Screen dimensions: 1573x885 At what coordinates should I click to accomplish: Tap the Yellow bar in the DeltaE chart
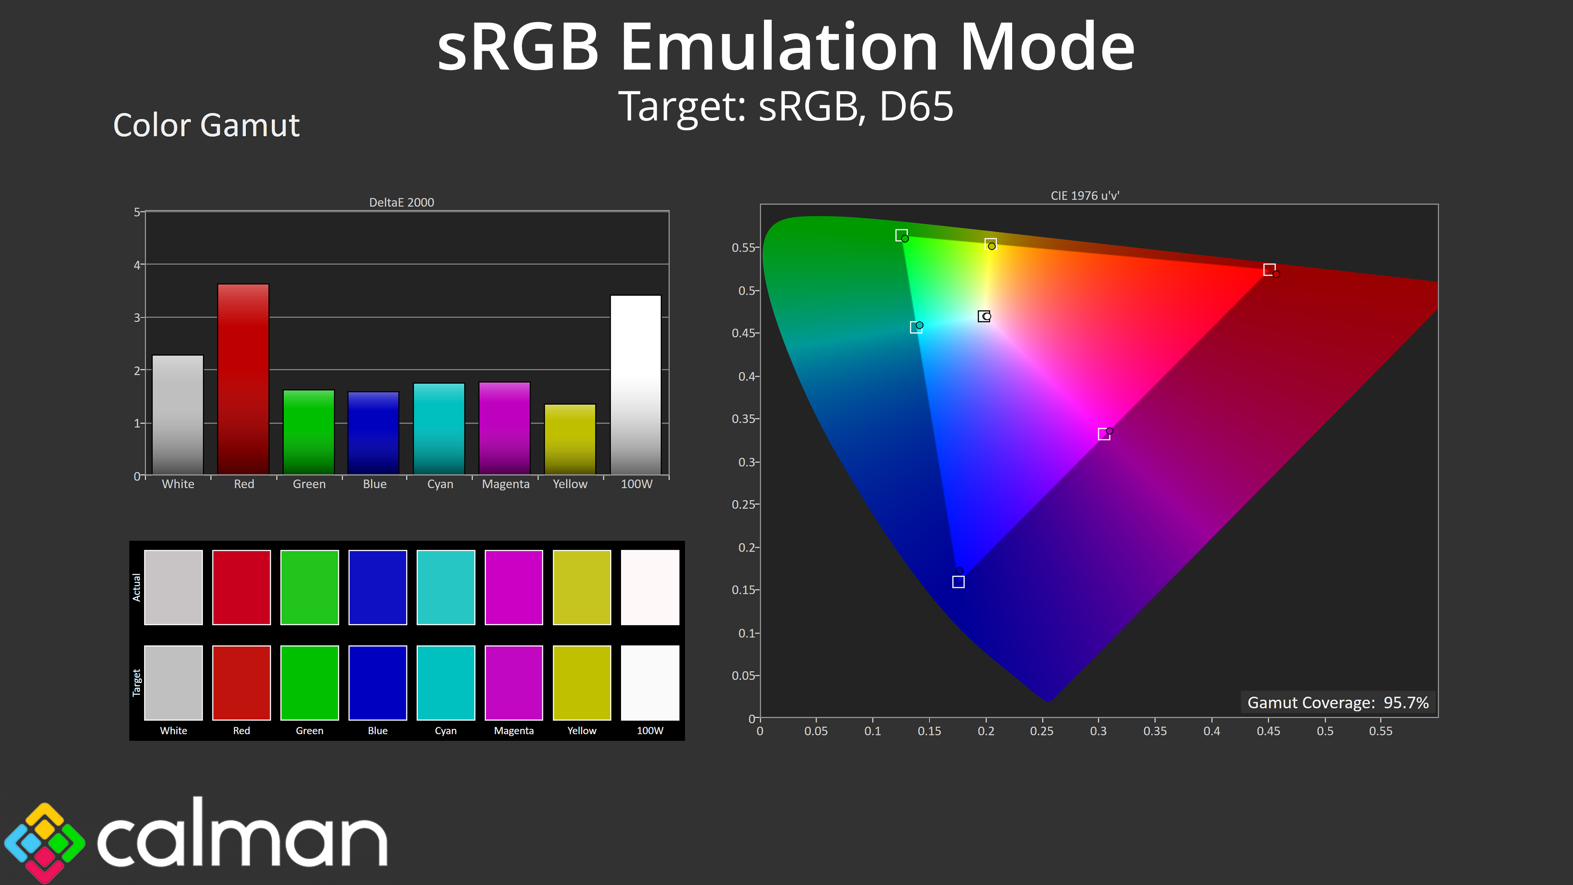[570, 439]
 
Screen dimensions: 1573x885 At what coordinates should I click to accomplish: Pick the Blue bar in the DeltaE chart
[373, 433]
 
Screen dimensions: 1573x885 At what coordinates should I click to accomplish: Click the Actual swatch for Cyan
[446, 588]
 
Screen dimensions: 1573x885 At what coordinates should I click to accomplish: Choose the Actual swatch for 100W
[650, 588]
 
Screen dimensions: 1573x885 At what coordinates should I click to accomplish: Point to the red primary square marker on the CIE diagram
[1269, 269]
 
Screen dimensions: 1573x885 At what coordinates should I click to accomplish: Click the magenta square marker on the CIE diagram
[1104, 434]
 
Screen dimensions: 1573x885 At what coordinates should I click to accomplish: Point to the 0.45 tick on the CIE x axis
[1268, 731]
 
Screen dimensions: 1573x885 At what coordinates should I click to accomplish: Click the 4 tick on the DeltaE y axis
[137, 264]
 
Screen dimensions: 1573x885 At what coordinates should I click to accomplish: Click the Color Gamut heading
[206, 125]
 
